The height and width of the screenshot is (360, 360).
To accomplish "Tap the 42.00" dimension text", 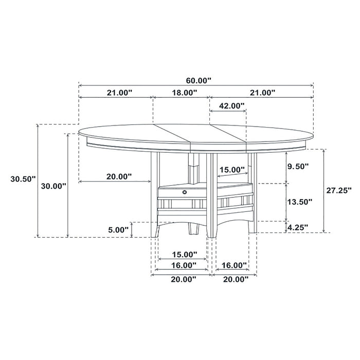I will [227, 106].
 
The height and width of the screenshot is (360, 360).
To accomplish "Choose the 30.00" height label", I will [53, 186].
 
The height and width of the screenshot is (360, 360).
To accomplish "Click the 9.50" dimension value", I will [298, 166].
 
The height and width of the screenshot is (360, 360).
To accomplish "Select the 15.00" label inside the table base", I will [231, 170].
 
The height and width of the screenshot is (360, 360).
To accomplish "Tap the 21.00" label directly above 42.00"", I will [260, 93].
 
